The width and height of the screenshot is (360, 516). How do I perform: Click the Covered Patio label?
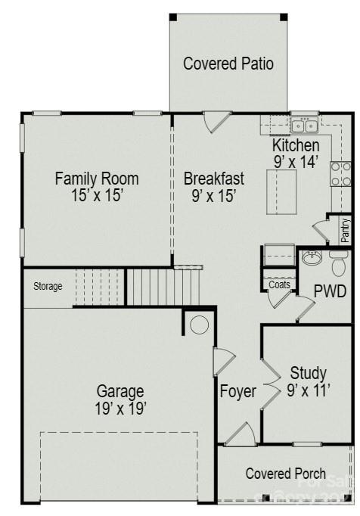point(228,64)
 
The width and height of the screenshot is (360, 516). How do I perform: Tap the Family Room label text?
point(97,179)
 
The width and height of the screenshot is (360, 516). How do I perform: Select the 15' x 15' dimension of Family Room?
point(97,195)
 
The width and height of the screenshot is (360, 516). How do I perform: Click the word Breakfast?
point(214,179)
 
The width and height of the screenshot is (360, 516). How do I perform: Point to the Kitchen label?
point(296,145)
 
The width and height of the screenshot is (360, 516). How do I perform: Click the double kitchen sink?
point(305,126)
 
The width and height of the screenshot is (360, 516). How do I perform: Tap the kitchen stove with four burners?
point(340,174)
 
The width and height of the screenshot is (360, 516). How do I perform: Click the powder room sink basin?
point(311,259)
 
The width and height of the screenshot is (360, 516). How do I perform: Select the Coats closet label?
point(279,284)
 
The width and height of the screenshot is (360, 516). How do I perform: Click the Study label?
point(308,373)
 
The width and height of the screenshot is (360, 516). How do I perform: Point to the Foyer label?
point(237,392)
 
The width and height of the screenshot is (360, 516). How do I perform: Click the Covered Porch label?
point(286,474)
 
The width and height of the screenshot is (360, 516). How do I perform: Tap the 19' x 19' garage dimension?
point(120,409)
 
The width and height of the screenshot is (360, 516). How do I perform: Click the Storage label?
point(47,287)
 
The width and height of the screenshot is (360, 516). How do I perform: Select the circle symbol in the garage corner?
point(199,325)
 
